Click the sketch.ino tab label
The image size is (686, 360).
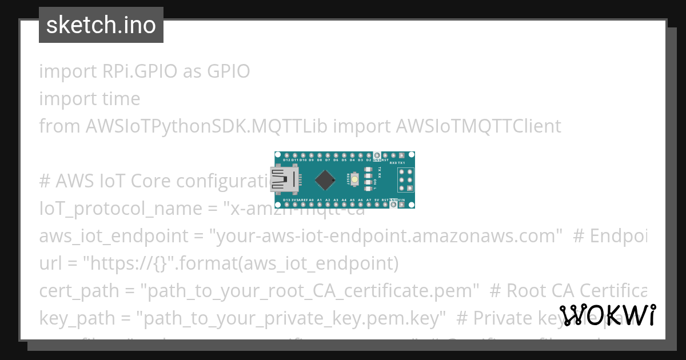101,25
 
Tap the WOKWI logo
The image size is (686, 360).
608,315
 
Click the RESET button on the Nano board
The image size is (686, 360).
354,180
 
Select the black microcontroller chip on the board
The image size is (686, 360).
325,180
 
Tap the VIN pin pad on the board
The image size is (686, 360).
401,205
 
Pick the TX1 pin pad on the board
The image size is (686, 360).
401,155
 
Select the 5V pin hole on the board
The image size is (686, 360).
377,205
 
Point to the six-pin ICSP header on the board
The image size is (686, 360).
405,180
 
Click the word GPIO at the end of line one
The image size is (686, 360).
228,72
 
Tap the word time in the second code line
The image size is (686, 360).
121,99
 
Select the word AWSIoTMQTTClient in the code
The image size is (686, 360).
478,126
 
